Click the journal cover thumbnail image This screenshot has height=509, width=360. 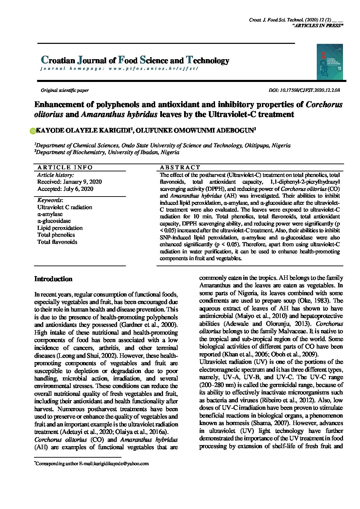(330, 62)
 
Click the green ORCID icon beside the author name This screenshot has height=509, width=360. (33, 131)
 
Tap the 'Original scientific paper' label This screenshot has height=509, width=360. (65, 90)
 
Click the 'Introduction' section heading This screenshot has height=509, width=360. (53, 279)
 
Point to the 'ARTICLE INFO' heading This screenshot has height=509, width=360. (65, 167)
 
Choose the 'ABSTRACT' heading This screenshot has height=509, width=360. (180, 167)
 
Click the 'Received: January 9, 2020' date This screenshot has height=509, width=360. (69, 182)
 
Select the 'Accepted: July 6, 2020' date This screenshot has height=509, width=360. (65, 189)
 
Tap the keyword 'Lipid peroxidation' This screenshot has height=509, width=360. (60, 228)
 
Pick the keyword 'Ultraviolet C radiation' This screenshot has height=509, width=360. (65, 207)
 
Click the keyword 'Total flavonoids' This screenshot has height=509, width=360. (57, 242)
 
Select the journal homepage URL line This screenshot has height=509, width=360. (119, 69)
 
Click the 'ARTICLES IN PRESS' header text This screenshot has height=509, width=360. (317, 26)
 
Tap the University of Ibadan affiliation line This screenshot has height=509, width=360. (107, 153)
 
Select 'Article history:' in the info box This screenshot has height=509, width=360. (55, 175)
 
